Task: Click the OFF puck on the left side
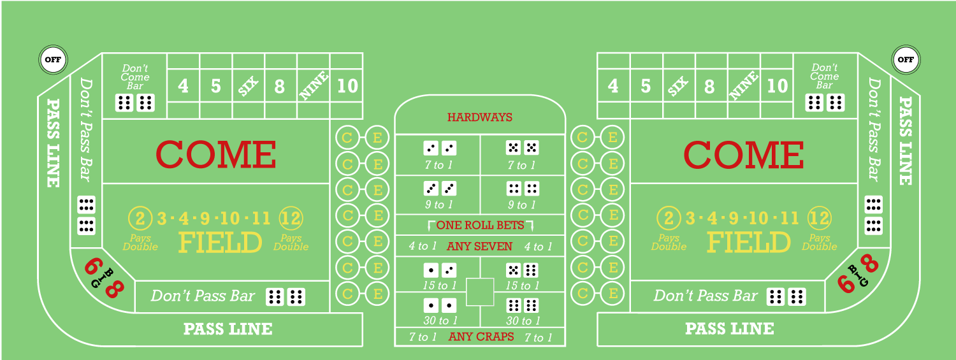tap(52, 60)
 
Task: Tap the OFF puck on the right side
tap(904, 60)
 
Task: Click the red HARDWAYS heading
tap(480, 117)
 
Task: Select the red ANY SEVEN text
tap(479, 246)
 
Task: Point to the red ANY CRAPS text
tap(481, 336)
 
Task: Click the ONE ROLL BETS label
tap(480, 225)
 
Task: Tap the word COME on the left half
tap(215, 154)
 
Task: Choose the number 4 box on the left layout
tap(184, 86)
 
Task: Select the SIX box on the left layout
tap(249, 86)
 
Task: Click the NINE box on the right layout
tap(744, 86)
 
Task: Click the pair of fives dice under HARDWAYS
tap(522, 148)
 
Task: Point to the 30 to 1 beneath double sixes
tap(522, 321)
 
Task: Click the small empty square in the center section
tap(480, 292)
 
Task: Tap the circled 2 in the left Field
tap(140, 219)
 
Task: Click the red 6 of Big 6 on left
tap(94, 266)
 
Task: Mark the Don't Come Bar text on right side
tap(824, 76)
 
